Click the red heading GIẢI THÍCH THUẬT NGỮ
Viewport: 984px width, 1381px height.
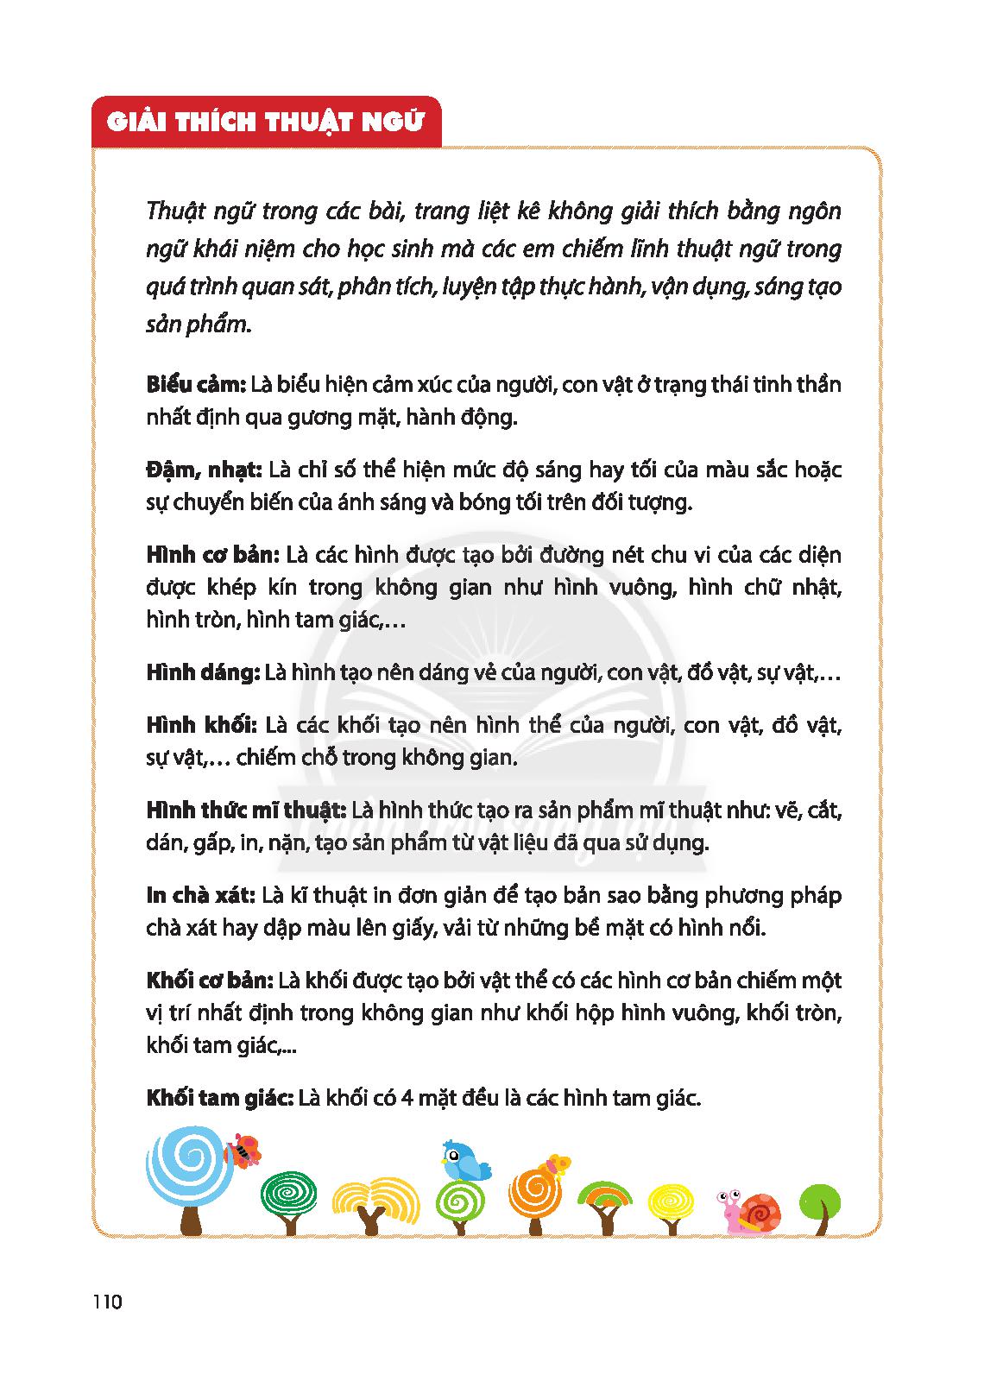coord(266,122)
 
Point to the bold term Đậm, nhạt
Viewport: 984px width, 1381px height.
coord(203,470)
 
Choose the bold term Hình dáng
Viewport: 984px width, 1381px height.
coord(203,673)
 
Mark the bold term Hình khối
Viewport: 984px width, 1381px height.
coord(203,725)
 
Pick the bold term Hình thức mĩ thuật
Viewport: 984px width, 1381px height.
coord(246,810)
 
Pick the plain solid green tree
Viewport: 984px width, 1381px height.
coord(819,1201)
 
